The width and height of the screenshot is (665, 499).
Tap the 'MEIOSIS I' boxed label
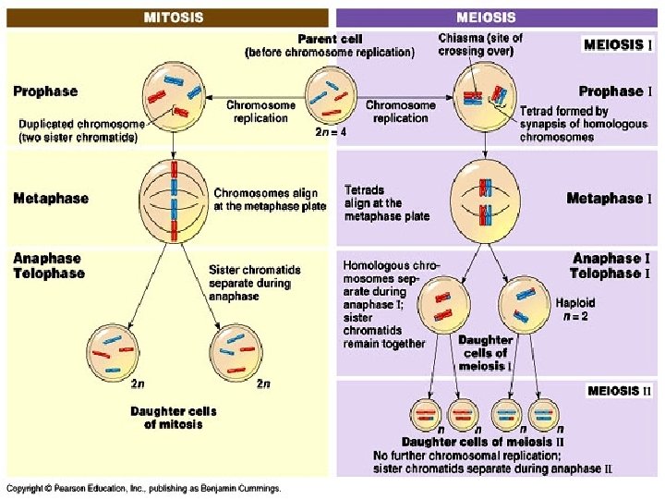pos(618,44)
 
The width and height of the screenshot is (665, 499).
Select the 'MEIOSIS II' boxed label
pos(619,390)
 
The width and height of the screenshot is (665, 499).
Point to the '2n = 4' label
pos(330,131)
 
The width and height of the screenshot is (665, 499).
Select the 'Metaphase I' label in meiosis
pos(609,198)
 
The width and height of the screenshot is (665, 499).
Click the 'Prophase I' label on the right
pos(614,91)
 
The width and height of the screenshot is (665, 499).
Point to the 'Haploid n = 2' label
pos(575,309)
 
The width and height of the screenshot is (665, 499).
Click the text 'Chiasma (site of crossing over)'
pos(479,44)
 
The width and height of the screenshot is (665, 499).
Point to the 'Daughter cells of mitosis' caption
pos(174,417)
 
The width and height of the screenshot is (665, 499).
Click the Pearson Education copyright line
pos(144,488)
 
